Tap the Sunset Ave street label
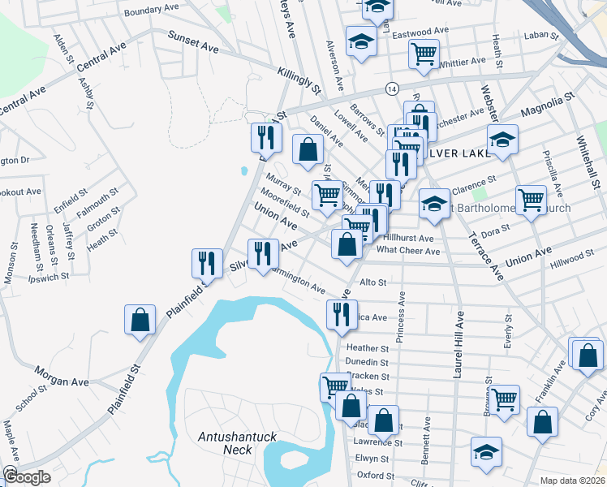193,41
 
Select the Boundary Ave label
151,10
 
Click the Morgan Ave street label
61,376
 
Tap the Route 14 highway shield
392,88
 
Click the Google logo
26,476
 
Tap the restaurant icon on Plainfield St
206,263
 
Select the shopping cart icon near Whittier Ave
424,54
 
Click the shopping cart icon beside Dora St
531,199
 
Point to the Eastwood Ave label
421,33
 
